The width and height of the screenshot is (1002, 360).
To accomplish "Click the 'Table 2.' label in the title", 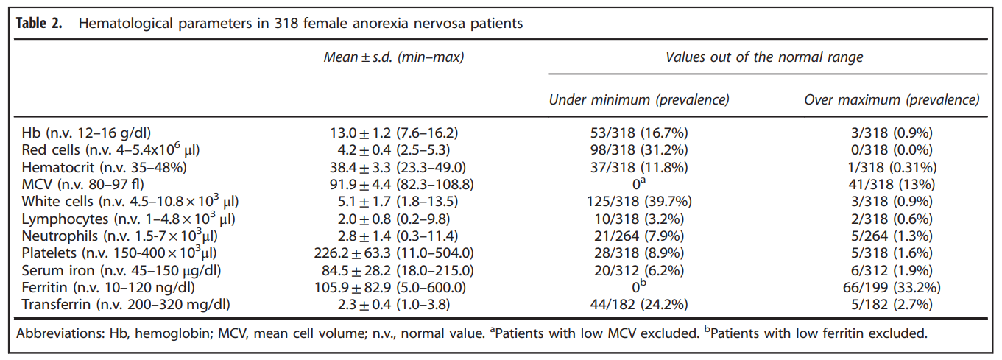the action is [x=39, y=23].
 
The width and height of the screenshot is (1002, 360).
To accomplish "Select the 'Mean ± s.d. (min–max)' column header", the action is [x=394, y=57].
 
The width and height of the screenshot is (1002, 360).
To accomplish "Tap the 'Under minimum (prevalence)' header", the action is [x=639, y=99].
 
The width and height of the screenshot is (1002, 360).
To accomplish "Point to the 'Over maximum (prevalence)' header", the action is [x=892, y=99].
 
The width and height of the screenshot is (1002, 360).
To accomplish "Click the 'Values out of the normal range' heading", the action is [x=764, y=57].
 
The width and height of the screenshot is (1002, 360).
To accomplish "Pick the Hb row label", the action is [x=86, y=133].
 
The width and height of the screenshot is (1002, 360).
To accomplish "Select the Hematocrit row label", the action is [x=105, y=167].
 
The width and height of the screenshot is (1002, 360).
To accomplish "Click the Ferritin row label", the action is [x=108, y=287].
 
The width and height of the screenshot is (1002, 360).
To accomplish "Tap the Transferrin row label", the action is [x=126, y=305].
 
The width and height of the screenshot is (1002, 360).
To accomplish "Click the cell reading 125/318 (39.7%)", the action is [x=639, y=202].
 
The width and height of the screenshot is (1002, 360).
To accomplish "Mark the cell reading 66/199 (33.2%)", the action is [x=892, y=287].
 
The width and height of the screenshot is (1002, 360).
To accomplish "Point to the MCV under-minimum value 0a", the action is [x=639, y=184].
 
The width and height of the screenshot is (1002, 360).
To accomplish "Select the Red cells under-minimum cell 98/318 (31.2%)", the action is [x=639, y=149].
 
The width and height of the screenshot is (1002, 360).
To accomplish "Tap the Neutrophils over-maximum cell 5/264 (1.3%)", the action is [x=892, y=236].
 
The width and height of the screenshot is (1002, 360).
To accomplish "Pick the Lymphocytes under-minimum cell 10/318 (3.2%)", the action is [x=639, y=219].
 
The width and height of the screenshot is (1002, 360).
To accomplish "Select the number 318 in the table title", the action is [x=286, y=24].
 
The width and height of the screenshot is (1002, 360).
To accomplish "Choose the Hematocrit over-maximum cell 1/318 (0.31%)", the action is [x=892, y=167].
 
